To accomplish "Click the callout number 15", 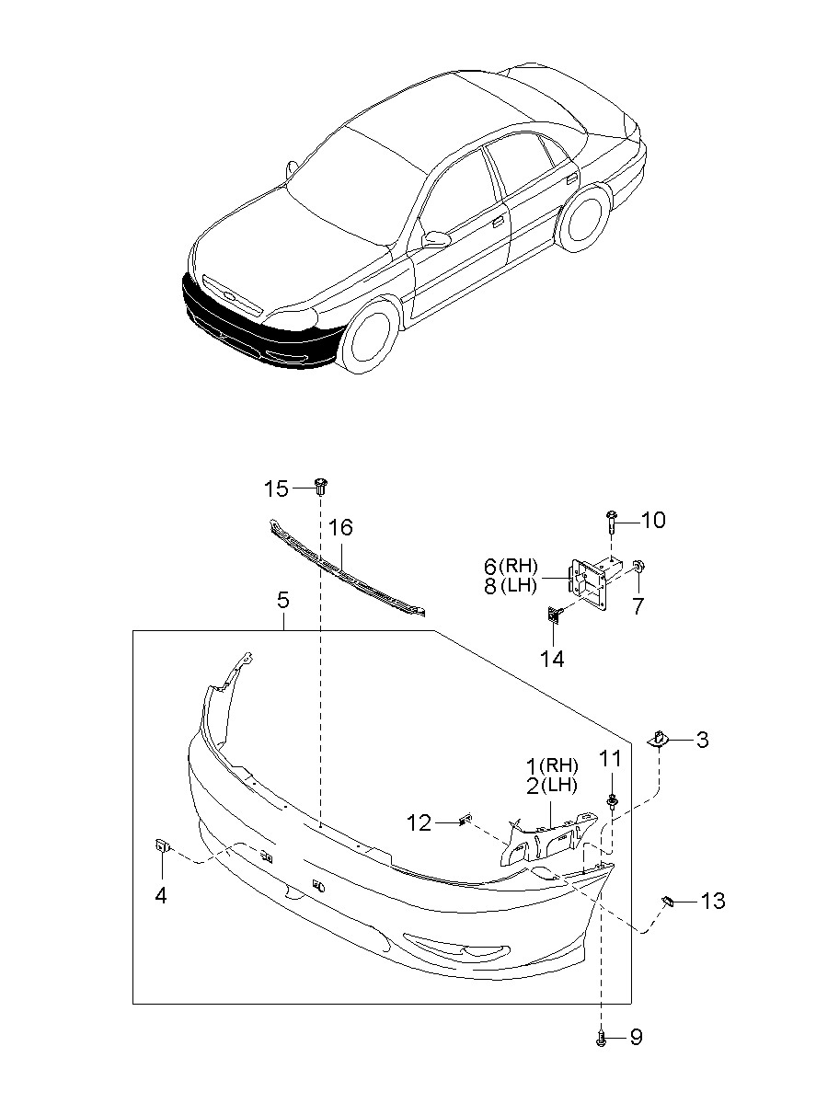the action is [276, 489].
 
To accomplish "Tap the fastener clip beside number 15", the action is [321, 486].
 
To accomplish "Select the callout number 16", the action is [341, 528].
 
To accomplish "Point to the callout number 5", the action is [282, 601].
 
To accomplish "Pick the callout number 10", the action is [652, 520].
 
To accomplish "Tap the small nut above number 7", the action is [638, 566].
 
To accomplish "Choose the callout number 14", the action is [552, 659].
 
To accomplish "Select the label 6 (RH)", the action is [511, 566].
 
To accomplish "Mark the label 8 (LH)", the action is [511, 586].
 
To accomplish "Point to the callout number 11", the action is [610, 759].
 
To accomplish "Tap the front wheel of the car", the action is [370, 335].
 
